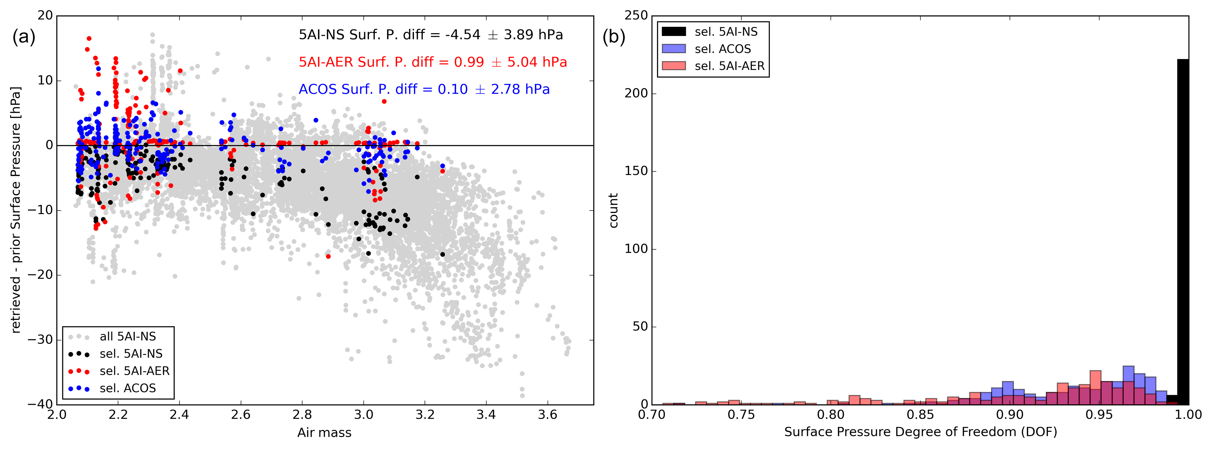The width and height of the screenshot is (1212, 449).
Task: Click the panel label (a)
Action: pyautogui.click(x=24, y=37)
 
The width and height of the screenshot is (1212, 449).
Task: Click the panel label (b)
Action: pyautogui.click(x=614, y=37)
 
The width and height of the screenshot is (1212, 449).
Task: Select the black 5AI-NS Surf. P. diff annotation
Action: pyautogui.click(x=431, y=35)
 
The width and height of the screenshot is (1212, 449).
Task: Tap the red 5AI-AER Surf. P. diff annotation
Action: pyautogui.click(x=433, y=62)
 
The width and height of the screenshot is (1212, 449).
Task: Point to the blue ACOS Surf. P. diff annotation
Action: pyautogui.click(x=424, y=89)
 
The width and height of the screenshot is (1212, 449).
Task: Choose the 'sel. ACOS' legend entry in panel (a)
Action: pyautogui.click(x=127, y=388)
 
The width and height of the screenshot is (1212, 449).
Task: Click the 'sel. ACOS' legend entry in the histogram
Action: pyautogui.click(x=723, y=49)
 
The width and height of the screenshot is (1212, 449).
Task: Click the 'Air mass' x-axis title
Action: pyautogui.click(x=324, y=433)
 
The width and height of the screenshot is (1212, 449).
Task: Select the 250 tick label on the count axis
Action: pyautogui.click(x=636, y=16)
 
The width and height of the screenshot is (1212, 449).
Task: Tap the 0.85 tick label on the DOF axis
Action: pyautogui.click(x=920, y=415)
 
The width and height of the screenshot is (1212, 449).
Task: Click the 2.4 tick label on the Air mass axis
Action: pyautogui.click(x=179, y=415)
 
